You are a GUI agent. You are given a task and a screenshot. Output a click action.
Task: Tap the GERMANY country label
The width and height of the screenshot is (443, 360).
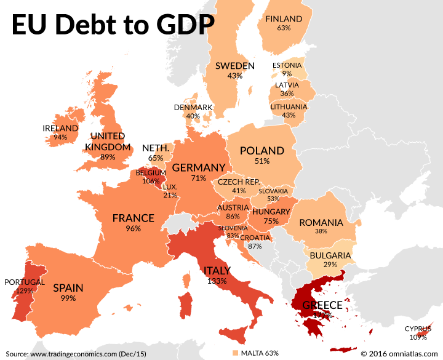tap(198, 167)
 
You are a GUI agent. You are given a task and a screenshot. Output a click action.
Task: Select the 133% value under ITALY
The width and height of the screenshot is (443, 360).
tap(217, 281)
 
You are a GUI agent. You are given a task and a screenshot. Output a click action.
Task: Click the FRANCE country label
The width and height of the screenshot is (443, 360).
tap(134, 218)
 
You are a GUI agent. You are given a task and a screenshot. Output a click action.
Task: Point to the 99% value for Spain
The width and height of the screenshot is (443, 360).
tap(68, 298)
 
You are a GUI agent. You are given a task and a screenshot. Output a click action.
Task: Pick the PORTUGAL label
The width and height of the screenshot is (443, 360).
tap(25, 282)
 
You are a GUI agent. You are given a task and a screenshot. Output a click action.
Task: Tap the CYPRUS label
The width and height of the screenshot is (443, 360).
tap(418, 329)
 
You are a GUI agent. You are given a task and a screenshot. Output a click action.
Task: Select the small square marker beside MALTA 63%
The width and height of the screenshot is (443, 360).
tap(235, 353)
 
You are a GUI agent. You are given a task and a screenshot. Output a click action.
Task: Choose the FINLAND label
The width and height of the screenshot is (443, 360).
tap(284, 19)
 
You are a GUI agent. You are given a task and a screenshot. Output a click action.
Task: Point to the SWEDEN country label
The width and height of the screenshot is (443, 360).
tap(234, 66)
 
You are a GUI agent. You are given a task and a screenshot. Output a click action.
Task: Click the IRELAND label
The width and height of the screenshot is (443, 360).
tap(60, 128)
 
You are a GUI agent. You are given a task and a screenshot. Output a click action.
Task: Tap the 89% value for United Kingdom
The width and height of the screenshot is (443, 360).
tap(108, 157)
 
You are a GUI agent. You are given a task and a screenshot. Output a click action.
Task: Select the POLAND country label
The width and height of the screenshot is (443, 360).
tap(262, 151)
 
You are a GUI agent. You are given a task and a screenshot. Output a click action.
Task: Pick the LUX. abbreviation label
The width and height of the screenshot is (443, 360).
tap(170, 186)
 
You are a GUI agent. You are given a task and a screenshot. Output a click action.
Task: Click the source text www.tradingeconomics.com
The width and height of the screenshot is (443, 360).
tap(74, 354)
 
